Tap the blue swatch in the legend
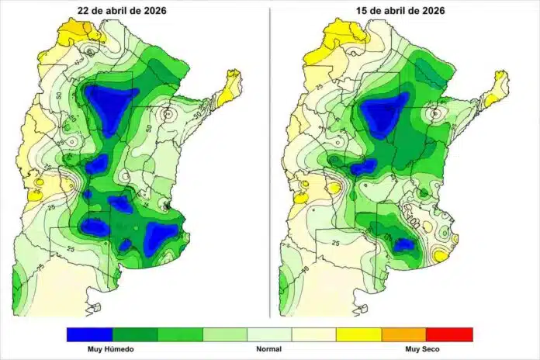88,334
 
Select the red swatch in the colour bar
449,334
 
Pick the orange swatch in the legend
404,334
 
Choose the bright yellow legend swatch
358,334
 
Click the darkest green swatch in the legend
133,334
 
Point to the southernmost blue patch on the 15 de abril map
403,244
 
